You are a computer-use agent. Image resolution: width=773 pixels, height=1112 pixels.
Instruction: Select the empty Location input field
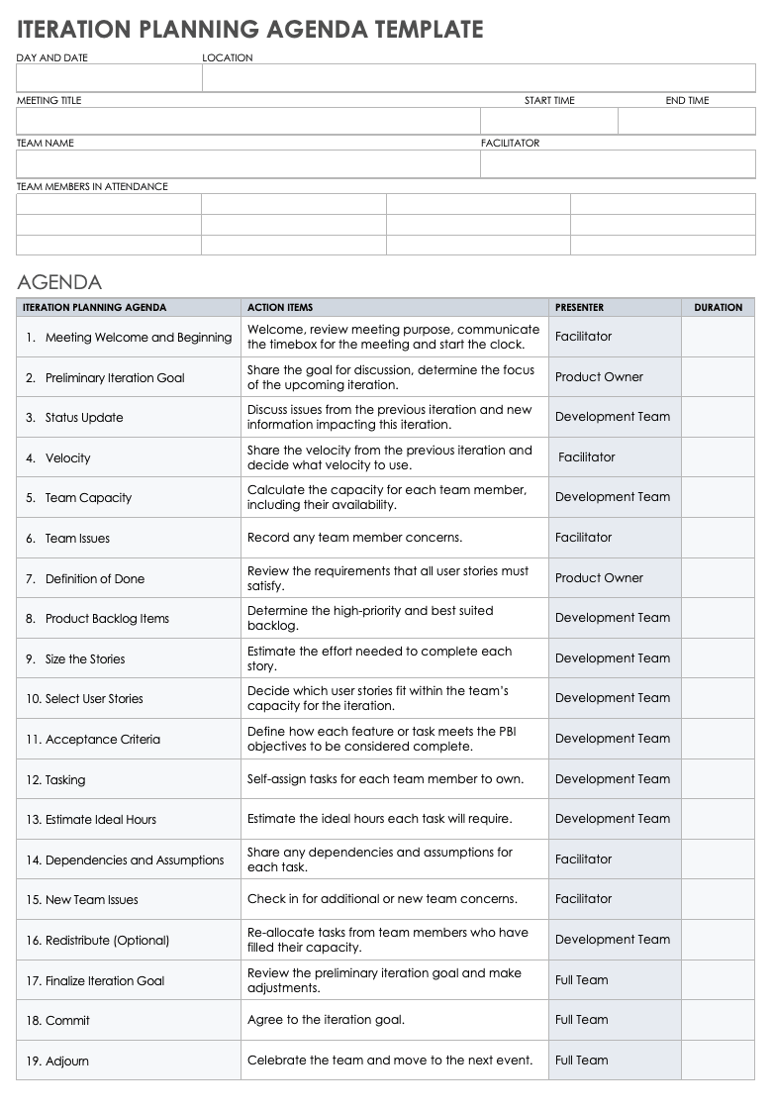pyautogui.click(x=478, y=78)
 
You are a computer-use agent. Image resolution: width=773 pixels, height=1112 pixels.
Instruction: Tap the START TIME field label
pyautogui.click(x=549, y=101)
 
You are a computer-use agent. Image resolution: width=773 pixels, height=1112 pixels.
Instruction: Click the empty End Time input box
pyautogui.click(x=686, y=121)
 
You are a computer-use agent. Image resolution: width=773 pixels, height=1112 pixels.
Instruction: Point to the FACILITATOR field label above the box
pyautogui.click(x=511, y=144)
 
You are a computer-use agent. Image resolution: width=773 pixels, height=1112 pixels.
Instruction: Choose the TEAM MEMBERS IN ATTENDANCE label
pyautogui.click(x=92, y=186)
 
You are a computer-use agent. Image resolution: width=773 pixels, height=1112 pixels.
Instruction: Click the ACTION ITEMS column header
pyautogui.click(x=280, y=308)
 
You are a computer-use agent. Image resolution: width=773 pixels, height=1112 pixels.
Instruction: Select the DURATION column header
pyautogui.click(x=718, y=308)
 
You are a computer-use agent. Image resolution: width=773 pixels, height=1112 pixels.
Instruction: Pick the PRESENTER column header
pyautogui.click(x=579, y=308)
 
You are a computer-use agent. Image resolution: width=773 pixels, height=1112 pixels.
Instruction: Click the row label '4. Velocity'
pyautogui.click(x=58, y=458)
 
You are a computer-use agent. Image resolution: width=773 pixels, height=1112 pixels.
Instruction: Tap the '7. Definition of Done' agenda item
pyautogui.click(x=85, y=579)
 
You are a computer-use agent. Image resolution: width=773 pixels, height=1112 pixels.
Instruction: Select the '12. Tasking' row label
pyautogui.click(x=56, y=780)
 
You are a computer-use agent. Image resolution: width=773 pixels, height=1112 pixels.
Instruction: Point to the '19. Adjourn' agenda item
pyautogui.click(x=57, y=1061)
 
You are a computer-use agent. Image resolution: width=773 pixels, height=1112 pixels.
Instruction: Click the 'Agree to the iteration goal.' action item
pyautogui.click(x=326, y=1020)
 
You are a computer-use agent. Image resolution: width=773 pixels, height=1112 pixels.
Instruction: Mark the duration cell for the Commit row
pyautogui.click(x=718, y=1020)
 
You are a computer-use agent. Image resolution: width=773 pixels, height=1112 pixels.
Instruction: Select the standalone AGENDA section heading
pyautogui.click(x=59, y=282)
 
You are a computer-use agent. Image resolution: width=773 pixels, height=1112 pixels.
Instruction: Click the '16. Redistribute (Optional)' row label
pyautogui.click(x=98, y=941)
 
